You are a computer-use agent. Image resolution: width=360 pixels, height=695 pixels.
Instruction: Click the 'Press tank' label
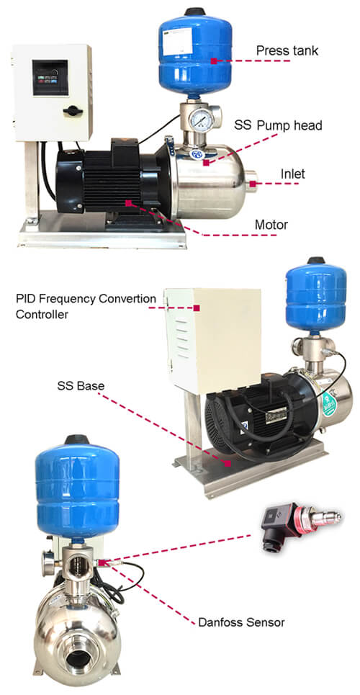[x=287, y=50]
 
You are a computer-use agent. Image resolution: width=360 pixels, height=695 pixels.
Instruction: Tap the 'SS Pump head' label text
[x=278, y=125]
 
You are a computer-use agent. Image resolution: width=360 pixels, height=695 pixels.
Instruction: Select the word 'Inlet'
[x=292, y=174]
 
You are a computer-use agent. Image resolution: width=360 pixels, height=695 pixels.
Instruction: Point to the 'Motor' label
[x=271, y=225]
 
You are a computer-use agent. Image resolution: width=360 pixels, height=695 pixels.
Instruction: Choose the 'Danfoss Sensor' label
[x=241, y=622]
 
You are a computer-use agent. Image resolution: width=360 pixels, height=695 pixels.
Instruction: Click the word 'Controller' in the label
[x=42, y=315]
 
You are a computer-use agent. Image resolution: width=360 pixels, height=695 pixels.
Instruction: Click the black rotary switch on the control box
[x=73, y=111]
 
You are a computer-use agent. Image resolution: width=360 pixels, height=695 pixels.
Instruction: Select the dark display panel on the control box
[x=50, y=77]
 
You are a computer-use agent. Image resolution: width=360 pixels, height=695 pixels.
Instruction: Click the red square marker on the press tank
[x=214, y=60]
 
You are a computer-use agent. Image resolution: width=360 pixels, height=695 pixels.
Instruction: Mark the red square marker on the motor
[x=128, y=203]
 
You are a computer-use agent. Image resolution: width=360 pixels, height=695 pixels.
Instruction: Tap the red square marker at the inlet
[x=253, y=184]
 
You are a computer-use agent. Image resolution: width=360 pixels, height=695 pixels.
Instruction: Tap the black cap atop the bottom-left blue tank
[x=77, y=440]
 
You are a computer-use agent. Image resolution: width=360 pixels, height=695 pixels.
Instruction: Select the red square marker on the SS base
[x=228, y=464]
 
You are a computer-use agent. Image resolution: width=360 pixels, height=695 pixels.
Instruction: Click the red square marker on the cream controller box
[x=196, y=307]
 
